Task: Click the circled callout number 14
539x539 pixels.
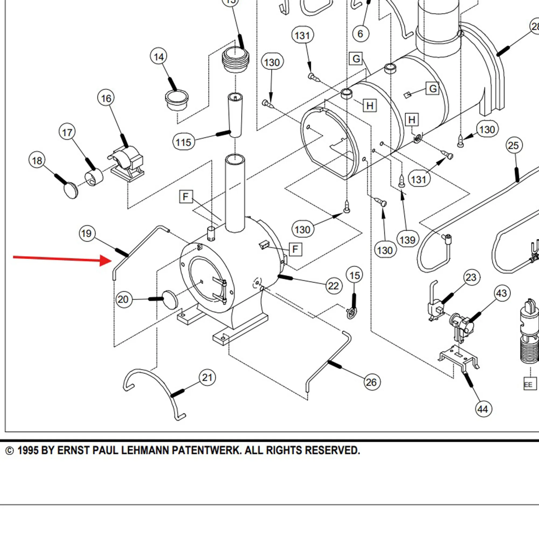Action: click(159, 57)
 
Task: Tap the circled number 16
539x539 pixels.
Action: click(106, 98)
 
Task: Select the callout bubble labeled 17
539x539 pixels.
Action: click(67, 133)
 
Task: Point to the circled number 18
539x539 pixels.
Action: click(37, 161)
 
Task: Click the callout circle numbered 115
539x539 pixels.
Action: click(184, 142)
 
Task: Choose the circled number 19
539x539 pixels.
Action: click(87, 233)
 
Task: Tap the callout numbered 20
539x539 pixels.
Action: click(123, 299)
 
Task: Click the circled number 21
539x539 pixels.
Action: click(207, 378)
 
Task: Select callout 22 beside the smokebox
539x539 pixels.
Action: click(333, 286)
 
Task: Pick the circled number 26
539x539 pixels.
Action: click(371, 382)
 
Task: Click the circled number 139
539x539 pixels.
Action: click(407, 240)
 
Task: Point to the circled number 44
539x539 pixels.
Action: click(483, 409)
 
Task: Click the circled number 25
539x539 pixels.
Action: click(514, 145)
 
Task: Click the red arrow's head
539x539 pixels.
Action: click(108, 261)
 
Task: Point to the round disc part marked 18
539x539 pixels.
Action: click(71, 190)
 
